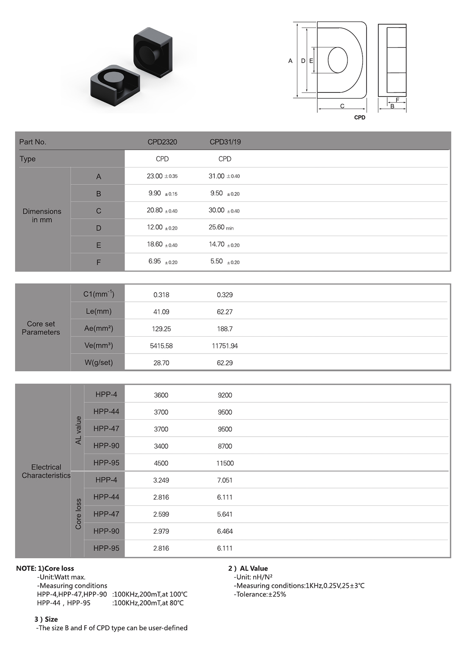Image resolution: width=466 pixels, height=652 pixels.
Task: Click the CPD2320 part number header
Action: [162, 142]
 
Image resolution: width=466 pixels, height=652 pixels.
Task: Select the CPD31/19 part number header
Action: [225, 142]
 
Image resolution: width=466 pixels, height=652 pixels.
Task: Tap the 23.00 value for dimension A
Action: [155, 176]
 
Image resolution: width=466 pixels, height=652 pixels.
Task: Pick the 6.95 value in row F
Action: [155, 262]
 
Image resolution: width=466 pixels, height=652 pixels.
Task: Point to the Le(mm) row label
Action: [98, 311]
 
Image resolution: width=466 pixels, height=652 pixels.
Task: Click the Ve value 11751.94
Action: [225, 346]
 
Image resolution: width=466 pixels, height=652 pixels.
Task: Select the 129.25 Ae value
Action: [161, 329]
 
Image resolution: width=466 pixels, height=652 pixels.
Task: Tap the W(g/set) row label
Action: [98, 362]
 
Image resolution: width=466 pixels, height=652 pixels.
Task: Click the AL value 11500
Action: [225, 463]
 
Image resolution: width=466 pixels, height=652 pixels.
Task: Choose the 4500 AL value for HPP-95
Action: [161, 463]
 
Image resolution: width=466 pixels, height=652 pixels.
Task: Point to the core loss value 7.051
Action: [225, 480]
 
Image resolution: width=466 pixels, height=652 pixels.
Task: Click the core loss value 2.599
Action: [161, 514]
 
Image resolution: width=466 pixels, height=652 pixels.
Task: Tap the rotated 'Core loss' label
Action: [78, 514]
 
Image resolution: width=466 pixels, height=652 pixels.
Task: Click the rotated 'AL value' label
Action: [78, 430]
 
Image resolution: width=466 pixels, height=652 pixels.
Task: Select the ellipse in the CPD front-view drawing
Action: [338, 60]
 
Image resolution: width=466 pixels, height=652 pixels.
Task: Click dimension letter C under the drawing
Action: [342, 106]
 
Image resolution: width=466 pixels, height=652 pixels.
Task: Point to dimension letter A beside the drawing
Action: [290, 61]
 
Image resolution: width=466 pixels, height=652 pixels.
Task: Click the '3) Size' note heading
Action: [46, 619]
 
